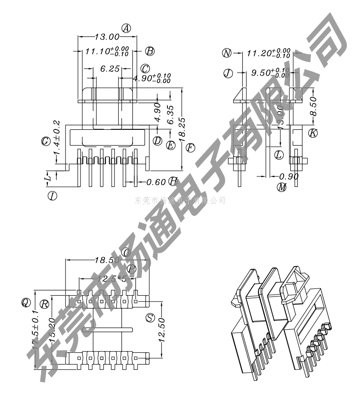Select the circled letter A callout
(126, 28)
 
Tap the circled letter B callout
(149, 51)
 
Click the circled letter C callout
(145, 68)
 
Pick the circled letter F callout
(190, 147)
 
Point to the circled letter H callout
(173, 181)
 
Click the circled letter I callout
(52, 196)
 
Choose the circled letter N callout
(227, 53)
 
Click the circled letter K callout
(313, 133)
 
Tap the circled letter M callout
(282, 188)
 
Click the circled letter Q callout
(26, 302)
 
